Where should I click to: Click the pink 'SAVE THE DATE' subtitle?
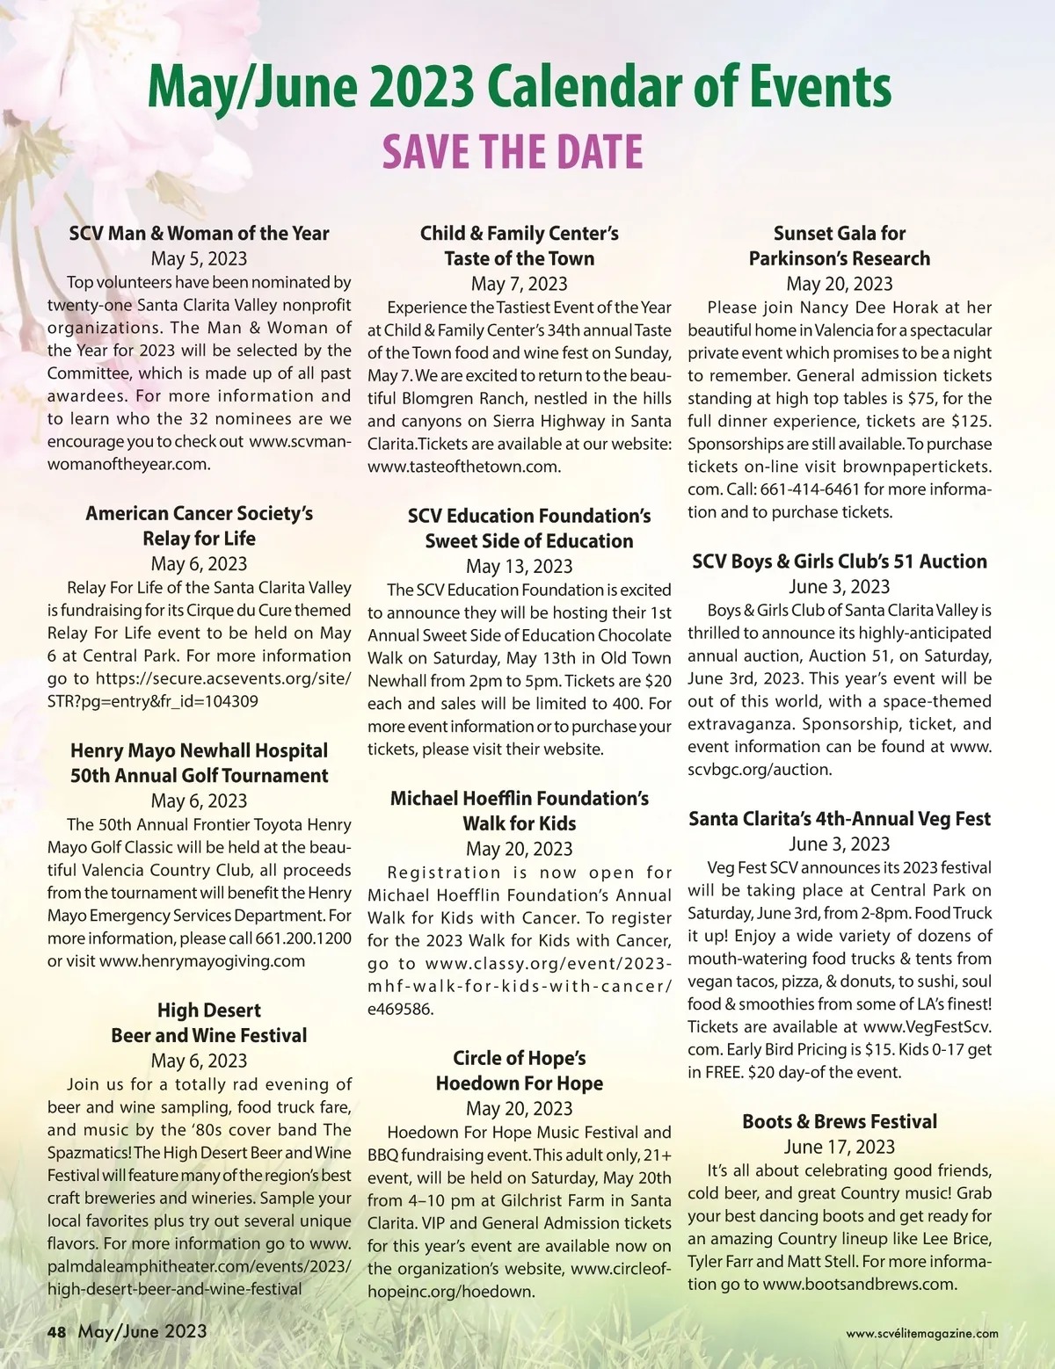513,152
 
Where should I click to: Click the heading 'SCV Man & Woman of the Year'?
199,234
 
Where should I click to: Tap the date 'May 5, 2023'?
199,258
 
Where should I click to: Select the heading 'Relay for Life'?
199,539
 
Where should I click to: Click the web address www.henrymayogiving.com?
202,961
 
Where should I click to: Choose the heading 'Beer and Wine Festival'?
209,1036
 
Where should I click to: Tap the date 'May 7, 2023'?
519,284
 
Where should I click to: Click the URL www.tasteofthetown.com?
464,467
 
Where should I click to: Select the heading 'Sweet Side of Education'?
529,541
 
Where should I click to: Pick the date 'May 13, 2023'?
519,567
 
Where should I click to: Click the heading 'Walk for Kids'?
519,824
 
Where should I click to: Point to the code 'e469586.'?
401,1010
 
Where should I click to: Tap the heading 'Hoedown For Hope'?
519,1083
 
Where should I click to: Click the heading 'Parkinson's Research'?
839,258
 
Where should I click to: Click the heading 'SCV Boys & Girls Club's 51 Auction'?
839,561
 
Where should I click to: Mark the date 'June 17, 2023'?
839,1147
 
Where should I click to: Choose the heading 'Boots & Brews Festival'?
839,1122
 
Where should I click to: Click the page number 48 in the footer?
56,1332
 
